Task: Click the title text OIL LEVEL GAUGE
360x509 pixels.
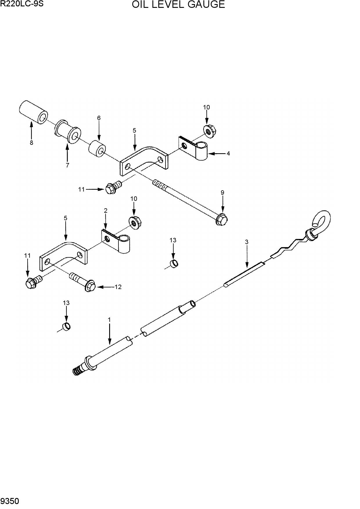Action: [178, 5]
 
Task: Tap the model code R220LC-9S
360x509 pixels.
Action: [22, 4]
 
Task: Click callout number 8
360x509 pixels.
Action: [31, 142]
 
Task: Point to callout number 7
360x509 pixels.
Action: [67, 165]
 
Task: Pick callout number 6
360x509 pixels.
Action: [99, 118]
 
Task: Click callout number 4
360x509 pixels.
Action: [228, 153]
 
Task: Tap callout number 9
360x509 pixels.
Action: [222, 192]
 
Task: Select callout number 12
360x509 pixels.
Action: [118, 287]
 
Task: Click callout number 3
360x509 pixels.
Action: [246, 242]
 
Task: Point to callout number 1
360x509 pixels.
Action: [109, 320]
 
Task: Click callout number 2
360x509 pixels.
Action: [105, 210]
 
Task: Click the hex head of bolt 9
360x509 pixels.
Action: [222, 219]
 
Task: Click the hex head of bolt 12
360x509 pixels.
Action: [91, 286]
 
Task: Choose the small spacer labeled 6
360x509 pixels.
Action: [98, 149]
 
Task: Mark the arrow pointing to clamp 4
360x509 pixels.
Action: [217, 154]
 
